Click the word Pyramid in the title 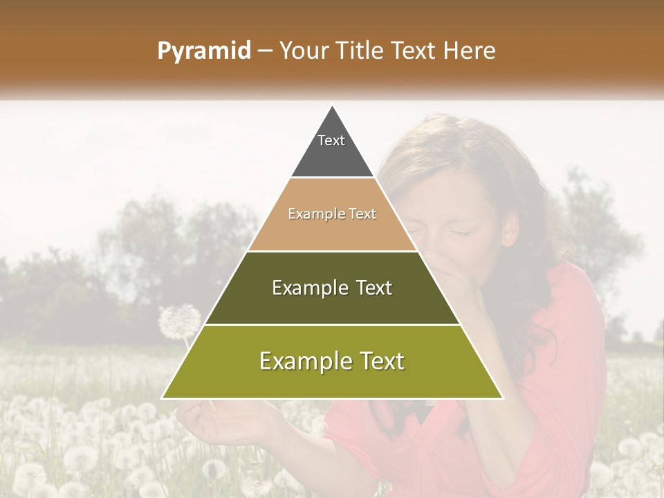[x=204, y=51]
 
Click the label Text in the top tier [x=331, y=140]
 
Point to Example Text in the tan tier [x=332, y=214]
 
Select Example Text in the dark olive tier [x=332, y=288]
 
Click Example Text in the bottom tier [x=332, y=361]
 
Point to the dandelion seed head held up [x=179, y=322]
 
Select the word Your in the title [x=302, y=51]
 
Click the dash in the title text [x=265, y=51]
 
